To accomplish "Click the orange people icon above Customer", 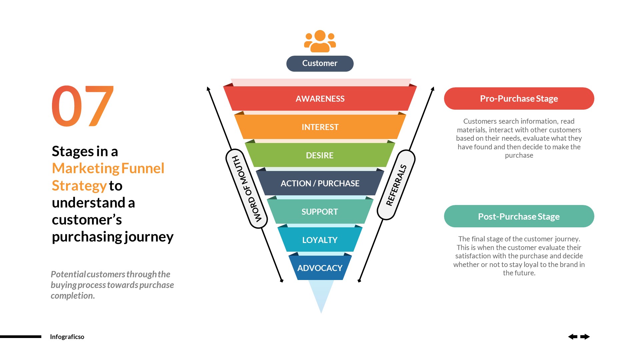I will pos(320,41).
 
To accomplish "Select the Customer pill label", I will pos(320,63).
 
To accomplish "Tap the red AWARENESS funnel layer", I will pos(320,99).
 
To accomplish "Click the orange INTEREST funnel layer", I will pos(320,127).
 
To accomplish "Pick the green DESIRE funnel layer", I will pos(320,155).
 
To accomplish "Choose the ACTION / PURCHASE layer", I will pos(320,183).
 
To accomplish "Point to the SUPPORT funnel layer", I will pos(320,212).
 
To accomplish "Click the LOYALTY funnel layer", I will pos(320,240).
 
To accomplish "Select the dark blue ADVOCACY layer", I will pos(320,268).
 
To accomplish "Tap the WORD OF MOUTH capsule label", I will pos(247,189).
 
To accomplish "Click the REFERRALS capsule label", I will pos(396,185).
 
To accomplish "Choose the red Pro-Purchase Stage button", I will pos(519,99).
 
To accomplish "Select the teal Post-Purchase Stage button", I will pos(519,216).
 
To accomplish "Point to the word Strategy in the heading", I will pos(79,186).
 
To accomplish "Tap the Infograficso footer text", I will pos(67,337).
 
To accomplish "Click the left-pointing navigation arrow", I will pos(573,337).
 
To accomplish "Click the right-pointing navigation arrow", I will pos(585,337).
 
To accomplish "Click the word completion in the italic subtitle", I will pos(73,296).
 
